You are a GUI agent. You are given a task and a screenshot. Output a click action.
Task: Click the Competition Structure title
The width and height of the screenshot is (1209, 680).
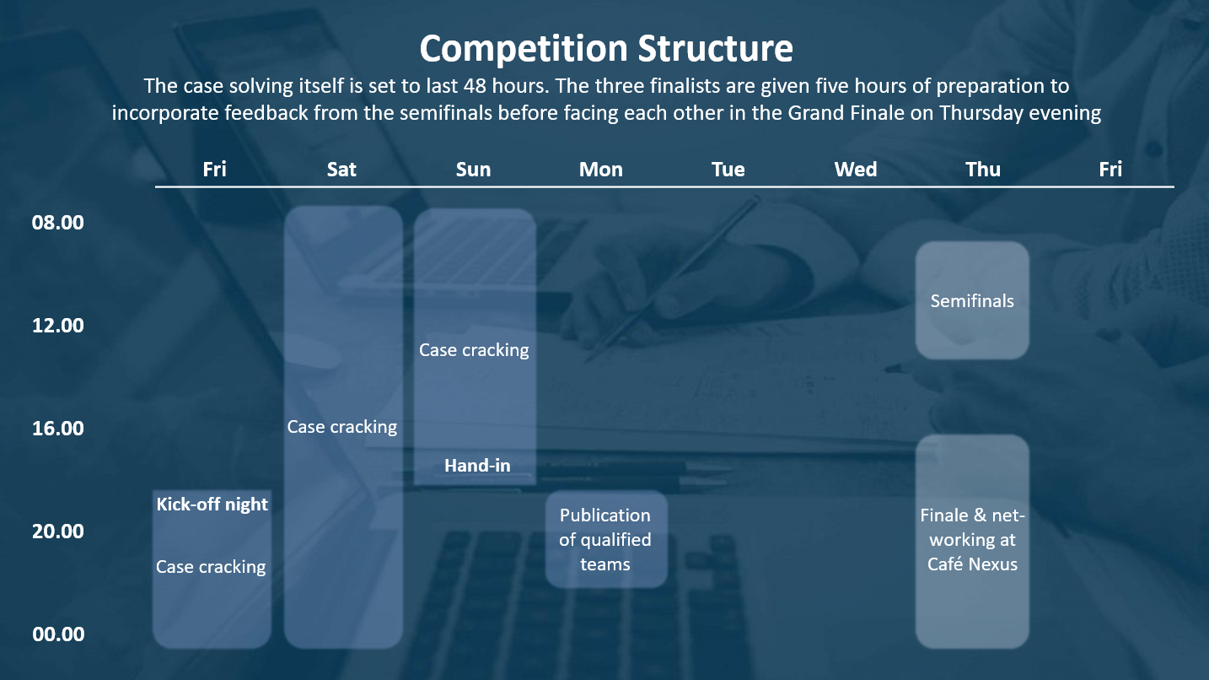tap(606, 49)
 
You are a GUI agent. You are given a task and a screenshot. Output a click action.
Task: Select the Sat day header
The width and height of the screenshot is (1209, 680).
tap(341, 170)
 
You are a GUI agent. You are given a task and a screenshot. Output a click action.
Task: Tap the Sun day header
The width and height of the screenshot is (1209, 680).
tap(473, 170)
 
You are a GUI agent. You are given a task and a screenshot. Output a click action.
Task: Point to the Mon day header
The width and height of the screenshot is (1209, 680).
tap(601, 170)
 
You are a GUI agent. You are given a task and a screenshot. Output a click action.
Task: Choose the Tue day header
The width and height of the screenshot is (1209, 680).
tap(728, 170)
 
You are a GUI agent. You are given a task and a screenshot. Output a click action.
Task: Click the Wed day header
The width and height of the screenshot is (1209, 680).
tap(856, 170)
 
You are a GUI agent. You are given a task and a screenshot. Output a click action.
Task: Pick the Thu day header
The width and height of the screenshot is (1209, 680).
tap(983, 170)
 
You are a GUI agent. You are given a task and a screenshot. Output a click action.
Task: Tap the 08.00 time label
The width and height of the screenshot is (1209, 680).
tap(57, 223)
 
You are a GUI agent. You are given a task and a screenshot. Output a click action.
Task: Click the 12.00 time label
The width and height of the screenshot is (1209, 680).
tap(57, 325)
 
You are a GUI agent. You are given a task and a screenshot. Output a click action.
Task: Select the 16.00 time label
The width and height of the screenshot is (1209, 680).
tap(57, 429)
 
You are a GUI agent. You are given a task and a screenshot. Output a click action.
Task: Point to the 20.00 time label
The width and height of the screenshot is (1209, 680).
tap(57, 531)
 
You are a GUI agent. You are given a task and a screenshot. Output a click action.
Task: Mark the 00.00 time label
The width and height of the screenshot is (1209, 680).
tap(57, 634)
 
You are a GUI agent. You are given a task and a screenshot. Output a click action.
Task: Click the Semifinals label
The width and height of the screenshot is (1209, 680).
tap(972, 301)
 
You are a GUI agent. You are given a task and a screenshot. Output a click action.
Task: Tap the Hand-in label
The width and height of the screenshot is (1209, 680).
tap(477, 466)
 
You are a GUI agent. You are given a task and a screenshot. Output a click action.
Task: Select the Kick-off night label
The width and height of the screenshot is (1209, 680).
tap(212, 505)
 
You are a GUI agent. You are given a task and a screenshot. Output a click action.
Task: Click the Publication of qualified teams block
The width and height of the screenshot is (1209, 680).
tap(606, 539)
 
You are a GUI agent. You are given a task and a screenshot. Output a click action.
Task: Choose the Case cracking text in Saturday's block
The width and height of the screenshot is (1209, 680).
tap(341, 427)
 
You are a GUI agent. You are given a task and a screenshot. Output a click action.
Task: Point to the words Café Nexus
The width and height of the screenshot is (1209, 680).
tap(972, 564)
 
